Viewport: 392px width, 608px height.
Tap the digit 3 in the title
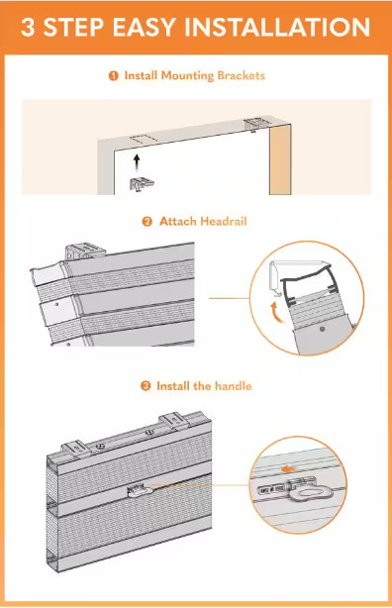(28, 27)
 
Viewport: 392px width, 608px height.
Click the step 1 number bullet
(113, 75)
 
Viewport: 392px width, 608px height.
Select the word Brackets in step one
(242, 75)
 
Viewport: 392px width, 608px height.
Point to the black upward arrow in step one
(136, 162)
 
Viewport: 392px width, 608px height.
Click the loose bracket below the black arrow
(142, 184)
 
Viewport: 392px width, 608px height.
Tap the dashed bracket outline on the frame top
(142, 140)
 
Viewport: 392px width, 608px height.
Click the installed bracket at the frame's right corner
(255, 124)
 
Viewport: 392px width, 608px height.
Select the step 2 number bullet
(147, 222)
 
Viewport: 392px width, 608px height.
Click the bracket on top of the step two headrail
(85, 251)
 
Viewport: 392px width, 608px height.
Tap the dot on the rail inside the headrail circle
(322, 329)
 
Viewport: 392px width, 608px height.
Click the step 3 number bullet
(146, 386)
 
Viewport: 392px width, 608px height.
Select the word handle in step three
(234, 386)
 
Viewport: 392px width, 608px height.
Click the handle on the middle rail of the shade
(140, 491)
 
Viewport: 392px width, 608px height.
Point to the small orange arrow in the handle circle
(288, 469)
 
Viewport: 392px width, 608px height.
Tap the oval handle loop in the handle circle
(314, 493)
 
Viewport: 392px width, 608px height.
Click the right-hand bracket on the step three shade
(174, 421)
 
